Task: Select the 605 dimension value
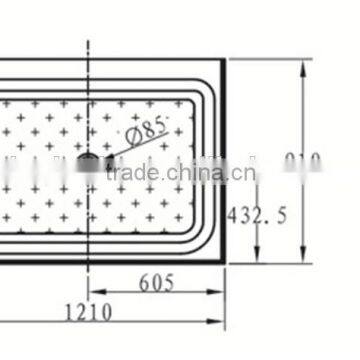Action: (156, 282)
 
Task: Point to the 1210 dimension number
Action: (86, 312)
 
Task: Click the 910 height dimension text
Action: (301, 161)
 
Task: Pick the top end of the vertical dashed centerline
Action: (88, 42)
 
